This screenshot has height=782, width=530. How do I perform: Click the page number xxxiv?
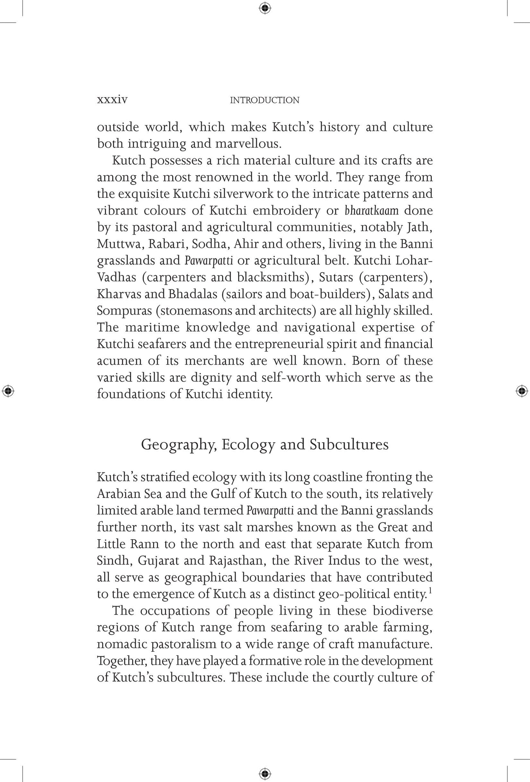(112, 100)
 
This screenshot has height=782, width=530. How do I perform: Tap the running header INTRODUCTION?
(265, 100)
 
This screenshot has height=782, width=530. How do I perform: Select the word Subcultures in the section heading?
(349, 445)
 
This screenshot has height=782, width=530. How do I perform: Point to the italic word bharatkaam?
(371, 211)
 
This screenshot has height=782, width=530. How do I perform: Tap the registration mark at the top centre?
(265, 8)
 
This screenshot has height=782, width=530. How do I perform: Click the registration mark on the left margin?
(8, 391)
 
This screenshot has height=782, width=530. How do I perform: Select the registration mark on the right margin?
(522, 391)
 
